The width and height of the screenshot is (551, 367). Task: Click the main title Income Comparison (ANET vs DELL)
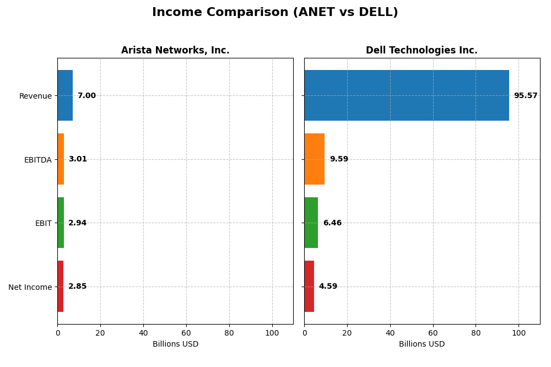pos(275,13)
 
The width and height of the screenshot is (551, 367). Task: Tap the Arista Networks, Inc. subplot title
pos(175,51)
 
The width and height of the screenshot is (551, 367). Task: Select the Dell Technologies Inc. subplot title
pos(422,51)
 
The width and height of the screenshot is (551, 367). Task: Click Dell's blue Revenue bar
pos(407,95)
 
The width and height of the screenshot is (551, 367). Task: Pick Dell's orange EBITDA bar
pos(315,159)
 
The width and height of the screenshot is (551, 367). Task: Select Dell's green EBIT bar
pos(311,223)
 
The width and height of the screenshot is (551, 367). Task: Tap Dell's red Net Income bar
pos(309,287)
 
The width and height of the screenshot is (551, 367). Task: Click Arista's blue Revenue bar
pos(65,95)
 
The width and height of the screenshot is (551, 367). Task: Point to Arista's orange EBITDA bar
pos(61,159)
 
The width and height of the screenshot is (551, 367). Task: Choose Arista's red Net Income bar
pos(61,287)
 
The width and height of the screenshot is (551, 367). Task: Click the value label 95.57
pos(526,96)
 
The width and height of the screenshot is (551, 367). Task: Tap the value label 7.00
pos(87,96)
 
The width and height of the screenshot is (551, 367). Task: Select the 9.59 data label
pos(339,159)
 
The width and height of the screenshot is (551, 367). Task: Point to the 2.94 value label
pos(78,223)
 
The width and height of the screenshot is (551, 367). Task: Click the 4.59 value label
pos(328,287)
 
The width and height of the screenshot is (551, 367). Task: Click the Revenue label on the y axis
pos(35,96)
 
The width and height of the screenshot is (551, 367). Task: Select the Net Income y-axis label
pos(30,287)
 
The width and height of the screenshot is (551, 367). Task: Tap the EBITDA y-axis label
pos(37,160)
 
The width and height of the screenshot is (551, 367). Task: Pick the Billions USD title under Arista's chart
pos(175,344)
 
